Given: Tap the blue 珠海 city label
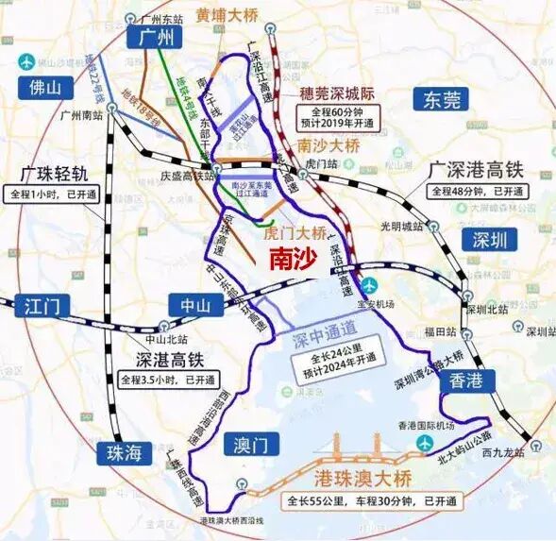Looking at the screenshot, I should click(x=126, y=452).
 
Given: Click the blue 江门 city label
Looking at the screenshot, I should click(x=38, y=305).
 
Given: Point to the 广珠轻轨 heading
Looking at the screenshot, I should click(x=54, y=174).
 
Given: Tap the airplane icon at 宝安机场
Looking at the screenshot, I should click(x=369, y=285).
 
